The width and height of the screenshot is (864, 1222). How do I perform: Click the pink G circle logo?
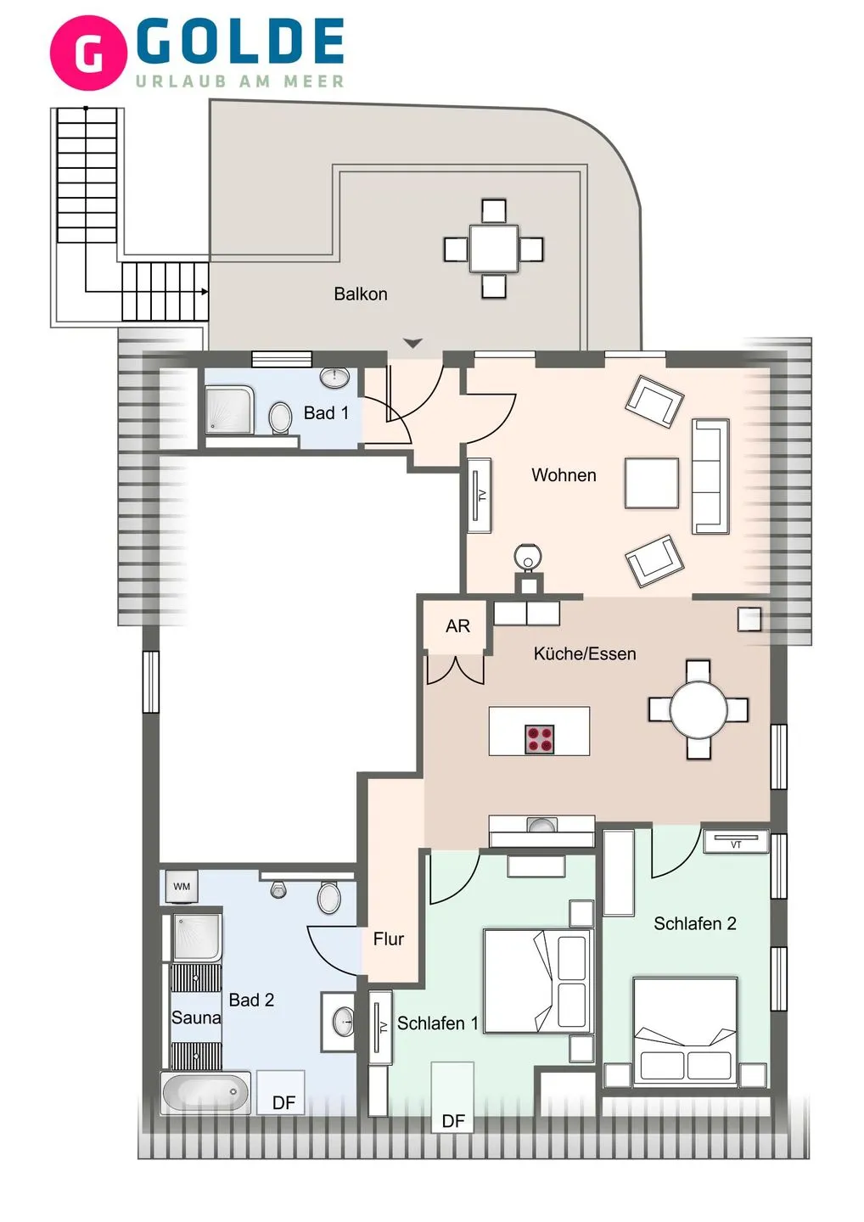click(88, 53)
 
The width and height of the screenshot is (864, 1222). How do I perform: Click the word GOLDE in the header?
click(240, 42)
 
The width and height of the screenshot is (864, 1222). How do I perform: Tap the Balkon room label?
click(360, 294)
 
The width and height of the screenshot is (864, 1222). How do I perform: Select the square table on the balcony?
click(494, 249)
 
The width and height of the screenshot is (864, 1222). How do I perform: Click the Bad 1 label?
click(326, 413)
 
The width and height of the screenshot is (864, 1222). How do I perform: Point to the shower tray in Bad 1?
click(229, 410)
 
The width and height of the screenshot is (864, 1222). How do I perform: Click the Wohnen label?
click(564, 475)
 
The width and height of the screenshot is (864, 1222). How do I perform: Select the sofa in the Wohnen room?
click(710, 476)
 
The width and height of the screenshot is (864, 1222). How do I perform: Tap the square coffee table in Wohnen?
click(651, 483)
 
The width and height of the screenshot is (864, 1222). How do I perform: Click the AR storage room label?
click(457, 626)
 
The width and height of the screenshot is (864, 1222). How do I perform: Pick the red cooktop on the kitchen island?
click(540, 739)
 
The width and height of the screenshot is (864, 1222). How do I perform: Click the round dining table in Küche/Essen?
click(698, 709)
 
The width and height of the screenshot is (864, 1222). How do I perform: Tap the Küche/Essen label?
click(584, 653)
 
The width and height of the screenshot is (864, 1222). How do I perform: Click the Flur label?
click(388, 939)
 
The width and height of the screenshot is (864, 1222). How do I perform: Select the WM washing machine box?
click(182, 887)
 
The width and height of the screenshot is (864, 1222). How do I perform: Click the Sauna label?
click(195, 1017)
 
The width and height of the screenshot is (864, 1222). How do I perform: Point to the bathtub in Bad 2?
click(205, 1092)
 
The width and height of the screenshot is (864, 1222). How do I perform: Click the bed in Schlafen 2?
click(685, 1030)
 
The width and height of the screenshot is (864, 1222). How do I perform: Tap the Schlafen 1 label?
click(437, 1023)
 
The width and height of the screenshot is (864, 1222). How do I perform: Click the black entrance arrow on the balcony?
click(412, 344)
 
